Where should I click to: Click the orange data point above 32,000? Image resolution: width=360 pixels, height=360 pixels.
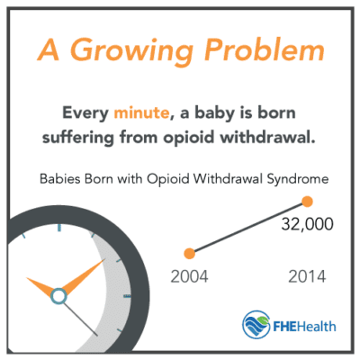[x=307, y=201]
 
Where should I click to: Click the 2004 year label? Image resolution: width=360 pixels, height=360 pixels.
[x=190, y=276]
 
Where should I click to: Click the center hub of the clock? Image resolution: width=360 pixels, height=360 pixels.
[x=58, y=295]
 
